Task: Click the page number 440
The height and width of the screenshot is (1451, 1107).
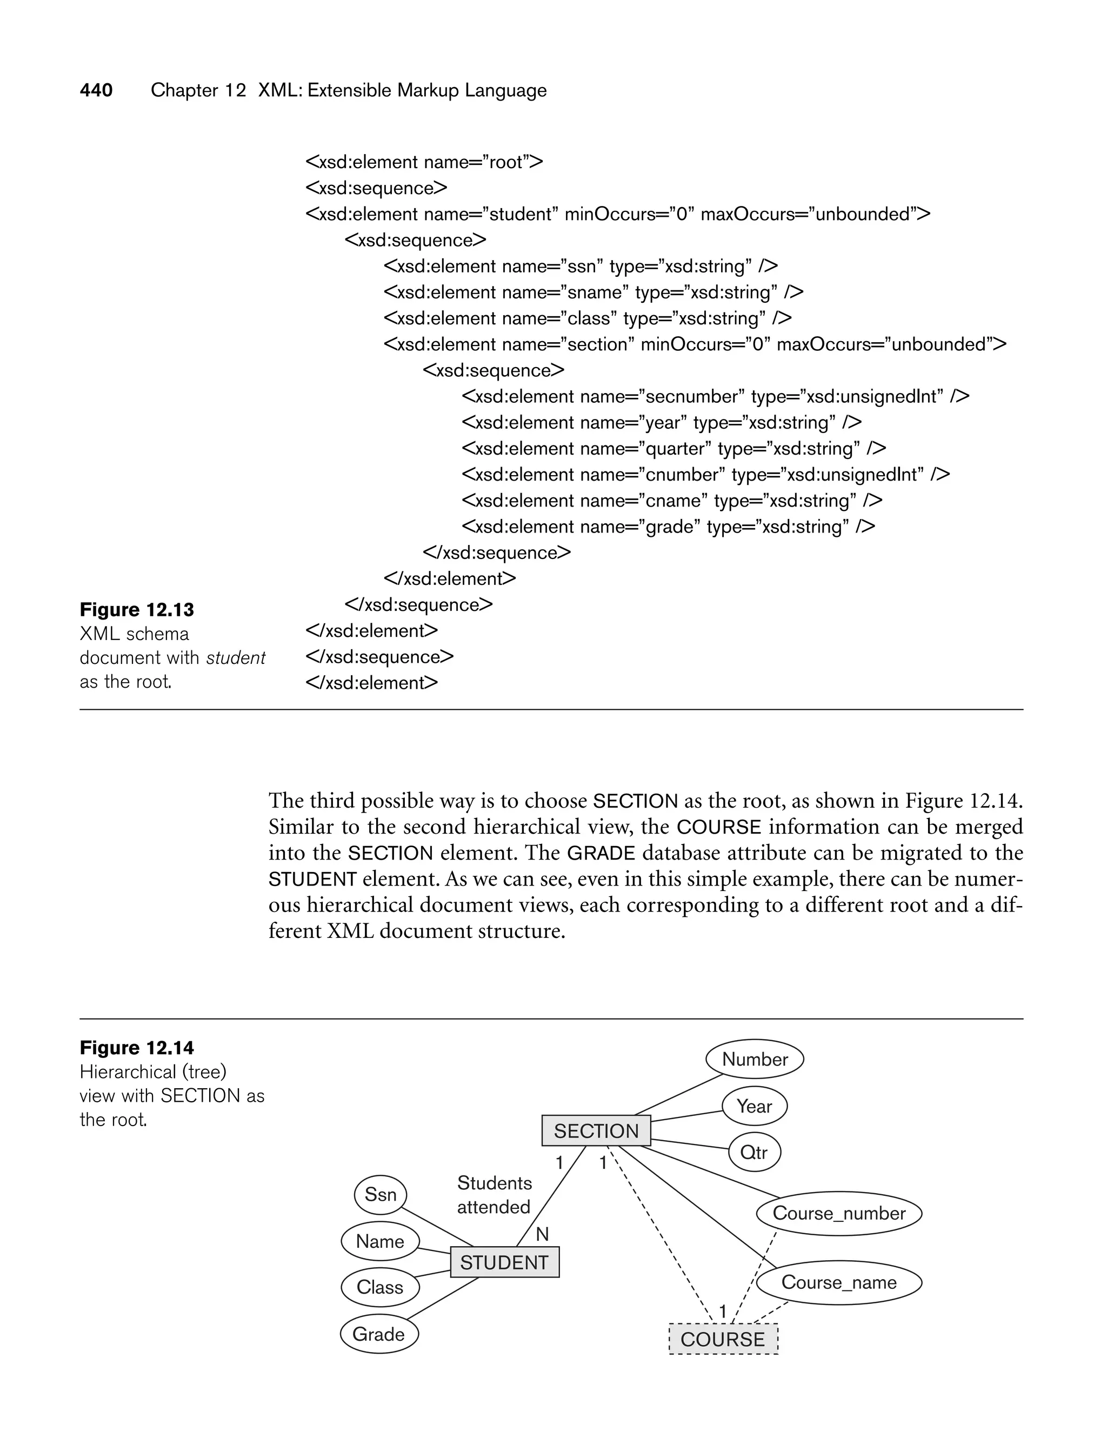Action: click(x=96, y=90)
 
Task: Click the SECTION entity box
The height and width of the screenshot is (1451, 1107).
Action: click(x=596, y=1131)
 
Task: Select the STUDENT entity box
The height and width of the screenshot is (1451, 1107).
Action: click(x=504, y=1262)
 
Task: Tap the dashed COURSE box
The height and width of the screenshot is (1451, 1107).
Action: click(x=723, y=1339)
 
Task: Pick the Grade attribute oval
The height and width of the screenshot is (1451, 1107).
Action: click(x=379, y=1334)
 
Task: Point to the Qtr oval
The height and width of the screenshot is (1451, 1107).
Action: click(x=754, y=1152)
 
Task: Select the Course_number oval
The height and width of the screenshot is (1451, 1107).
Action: click(x=838, y=1213)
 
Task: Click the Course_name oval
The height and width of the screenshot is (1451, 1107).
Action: click(x=838, y=1282)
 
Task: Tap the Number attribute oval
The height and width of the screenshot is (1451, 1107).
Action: click(x=755, y=1059)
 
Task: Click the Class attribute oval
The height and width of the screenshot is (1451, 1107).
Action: click(x=379, y=1287)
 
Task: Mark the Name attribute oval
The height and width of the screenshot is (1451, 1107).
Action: click(x=379, y=1241)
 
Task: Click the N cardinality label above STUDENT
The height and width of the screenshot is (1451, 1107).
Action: click(x=542, y=1234)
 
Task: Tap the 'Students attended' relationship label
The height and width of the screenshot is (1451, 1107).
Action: click(x=494, y=1195)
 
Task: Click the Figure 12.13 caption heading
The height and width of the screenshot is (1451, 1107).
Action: click(x=137, y=609)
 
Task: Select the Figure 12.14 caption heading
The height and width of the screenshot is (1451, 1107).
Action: click(x=137, y=1048)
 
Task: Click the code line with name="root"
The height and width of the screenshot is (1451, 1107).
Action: click(x=424, y=162)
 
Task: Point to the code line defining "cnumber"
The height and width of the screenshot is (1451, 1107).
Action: click(x=705, y=475)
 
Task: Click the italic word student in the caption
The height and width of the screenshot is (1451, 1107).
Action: click(x=235, y=657)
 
